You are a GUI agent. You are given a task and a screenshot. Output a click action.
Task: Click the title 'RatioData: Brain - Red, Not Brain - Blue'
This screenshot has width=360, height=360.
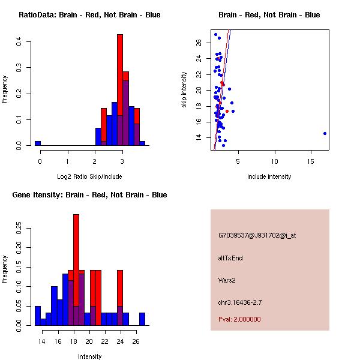(x=89, y=15)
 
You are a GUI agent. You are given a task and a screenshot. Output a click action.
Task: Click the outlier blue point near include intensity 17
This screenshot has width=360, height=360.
(x=325, y=133)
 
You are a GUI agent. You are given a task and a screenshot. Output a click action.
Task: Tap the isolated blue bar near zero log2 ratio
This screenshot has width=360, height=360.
(x=38, y=143)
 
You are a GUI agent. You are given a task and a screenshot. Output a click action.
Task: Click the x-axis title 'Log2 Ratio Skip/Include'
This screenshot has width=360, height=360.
(x=89, y=176)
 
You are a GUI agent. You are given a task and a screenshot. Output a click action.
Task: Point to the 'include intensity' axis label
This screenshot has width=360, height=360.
(x=269, y=176)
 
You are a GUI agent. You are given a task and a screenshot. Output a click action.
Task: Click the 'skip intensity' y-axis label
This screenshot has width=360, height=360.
(x=185, y=90)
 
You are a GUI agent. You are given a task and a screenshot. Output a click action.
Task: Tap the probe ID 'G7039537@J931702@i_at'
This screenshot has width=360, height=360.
(x=257, y=235)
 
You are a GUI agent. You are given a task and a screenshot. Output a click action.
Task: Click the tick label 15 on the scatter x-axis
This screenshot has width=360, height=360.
(x=310, y=161)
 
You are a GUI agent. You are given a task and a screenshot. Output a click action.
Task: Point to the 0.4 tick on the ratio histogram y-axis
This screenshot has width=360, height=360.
(x=19, y=41)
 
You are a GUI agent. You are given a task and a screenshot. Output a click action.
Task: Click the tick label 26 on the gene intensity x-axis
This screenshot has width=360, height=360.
(x=136, y=341)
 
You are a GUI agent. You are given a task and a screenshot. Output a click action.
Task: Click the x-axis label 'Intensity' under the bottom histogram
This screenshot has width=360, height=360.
(x=89, y=356)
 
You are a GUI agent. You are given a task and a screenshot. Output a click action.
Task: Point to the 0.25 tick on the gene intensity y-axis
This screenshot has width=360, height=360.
(x=19, y=228)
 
